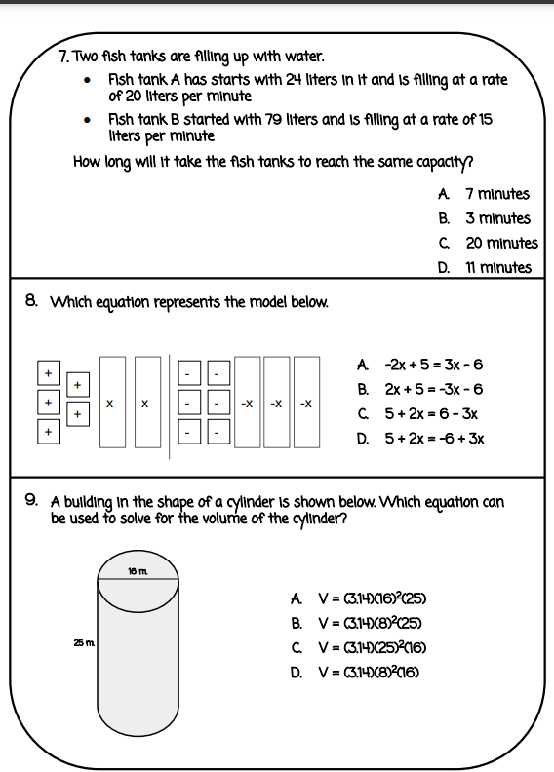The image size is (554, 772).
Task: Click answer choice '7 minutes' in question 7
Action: (x=497, y=194)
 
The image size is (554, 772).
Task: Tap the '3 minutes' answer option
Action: (x=497, y=218)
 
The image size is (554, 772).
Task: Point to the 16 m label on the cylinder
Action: (x=137, y=570)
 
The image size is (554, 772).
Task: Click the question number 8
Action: (x=31, y=302)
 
